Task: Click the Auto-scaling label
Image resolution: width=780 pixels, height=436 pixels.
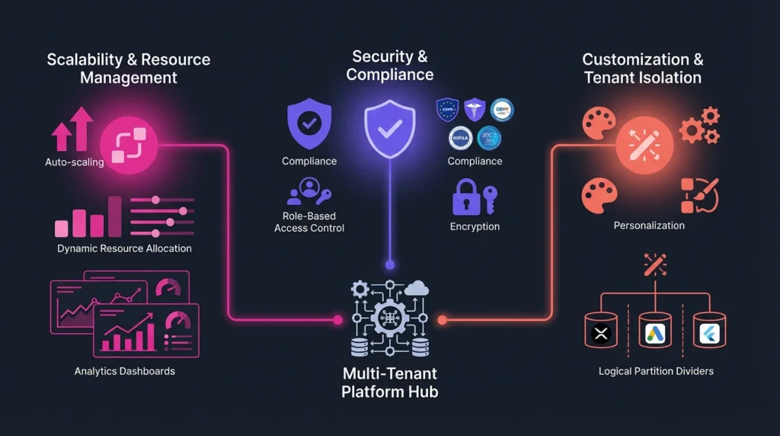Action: pyautogui.click(x=74, y=162)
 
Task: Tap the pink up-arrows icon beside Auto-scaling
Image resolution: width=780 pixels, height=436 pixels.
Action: pyautogui.click(x=73, y=129)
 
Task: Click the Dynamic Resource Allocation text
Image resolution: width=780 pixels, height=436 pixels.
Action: pyautogui.click(x=124, y=248)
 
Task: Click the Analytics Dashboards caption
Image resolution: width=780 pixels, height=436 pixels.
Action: pyautogui.click(x=124, y=371)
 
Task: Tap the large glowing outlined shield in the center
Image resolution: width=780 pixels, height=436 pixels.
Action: pyautogui.click(x=389, y=130)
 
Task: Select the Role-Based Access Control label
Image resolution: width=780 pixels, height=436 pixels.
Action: pyautogui.click(x=309, y=222)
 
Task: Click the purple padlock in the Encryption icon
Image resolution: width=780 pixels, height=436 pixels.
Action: pyautogui.click(x=465, y=200)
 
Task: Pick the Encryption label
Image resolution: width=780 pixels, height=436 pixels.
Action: pyautogui.click(x=475, y=226)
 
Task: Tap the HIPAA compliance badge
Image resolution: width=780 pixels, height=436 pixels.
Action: pyautogui.click(x=461, y=138)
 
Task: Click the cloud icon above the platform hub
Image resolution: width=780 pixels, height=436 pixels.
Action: pyautogui.click(x=417, y=287)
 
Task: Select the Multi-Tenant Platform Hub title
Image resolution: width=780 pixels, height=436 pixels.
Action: pyautogui.click(x=389, y=383)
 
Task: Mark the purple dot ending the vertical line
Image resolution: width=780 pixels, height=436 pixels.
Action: pyautogui.click(x=390, y=264)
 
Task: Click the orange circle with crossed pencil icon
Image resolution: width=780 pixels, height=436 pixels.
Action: pyautogui.click(x=644, y=145)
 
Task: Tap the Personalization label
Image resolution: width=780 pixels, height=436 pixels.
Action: pyautogui.click(x=649, y=226)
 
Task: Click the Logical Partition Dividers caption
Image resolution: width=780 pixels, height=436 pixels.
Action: pyautogui.click(x=656, y=371)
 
